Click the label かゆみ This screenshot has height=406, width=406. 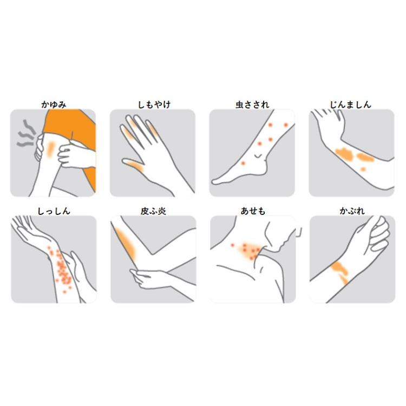tap(54, 104)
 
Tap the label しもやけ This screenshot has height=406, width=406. tap(154, 104)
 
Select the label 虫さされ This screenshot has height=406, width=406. tap(252, 104)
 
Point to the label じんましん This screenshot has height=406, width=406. tap(351, 104)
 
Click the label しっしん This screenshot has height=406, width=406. tap(54, 211)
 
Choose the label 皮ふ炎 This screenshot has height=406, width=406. tap(153, 211)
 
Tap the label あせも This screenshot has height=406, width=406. tap(253, 211)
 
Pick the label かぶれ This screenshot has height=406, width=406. tap(352, 211)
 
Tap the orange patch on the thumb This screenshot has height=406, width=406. tap(134, 165)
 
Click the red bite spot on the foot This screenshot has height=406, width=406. tap(243, 163)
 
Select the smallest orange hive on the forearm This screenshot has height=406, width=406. tap(363, 169)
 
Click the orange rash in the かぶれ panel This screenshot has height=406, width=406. tap(340, 272)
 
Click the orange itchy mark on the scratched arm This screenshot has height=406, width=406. tap(51, 149)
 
